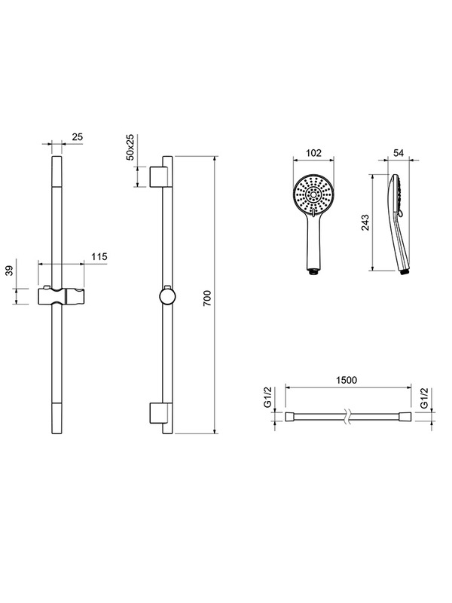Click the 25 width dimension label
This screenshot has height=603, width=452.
coord(78,136)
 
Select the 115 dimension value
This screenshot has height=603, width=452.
coord(99,256)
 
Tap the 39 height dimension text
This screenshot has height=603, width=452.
coord(9,271)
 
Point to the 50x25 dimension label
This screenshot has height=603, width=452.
coord(130,147)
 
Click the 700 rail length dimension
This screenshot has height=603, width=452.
coord(207,298)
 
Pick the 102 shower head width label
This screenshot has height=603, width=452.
coord(313,153)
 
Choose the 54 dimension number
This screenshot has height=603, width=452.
coord(399,153)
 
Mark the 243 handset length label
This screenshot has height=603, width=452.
coord(365,222)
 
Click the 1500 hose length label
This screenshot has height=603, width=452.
coord(347,380)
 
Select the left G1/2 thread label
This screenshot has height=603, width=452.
coord(267,398)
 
